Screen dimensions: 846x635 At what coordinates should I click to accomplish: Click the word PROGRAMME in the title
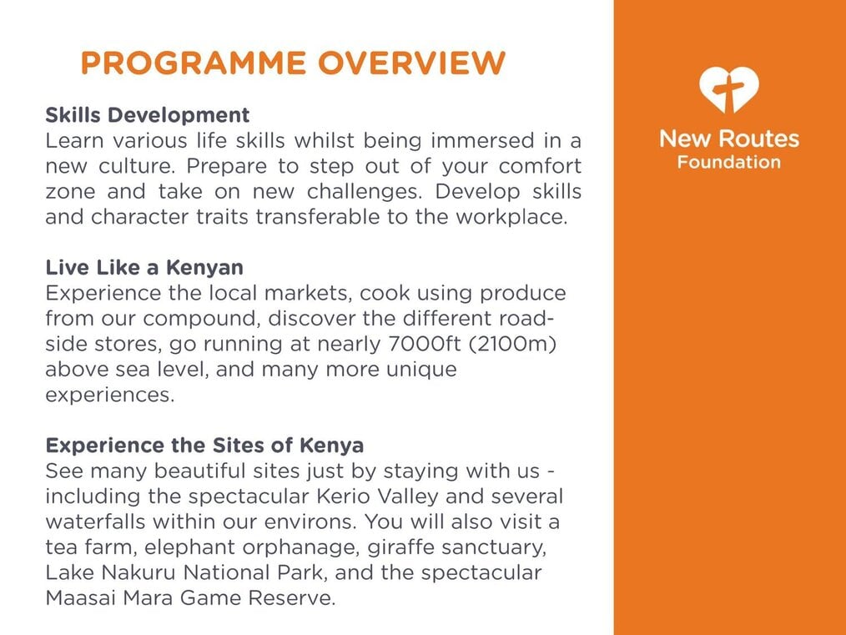pyautogui.click(x=194, y=63)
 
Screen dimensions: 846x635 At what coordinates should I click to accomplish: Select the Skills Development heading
pyautogui.click(x=148, y=115)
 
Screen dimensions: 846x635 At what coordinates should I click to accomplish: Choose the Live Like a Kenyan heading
pyautogui.click(x=144, y=267)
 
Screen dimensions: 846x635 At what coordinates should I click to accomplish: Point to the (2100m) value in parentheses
pyautogui.click(x=512, y=345)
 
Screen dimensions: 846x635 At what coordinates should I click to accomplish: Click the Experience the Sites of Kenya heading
pyautogui.click(x=204, y=445)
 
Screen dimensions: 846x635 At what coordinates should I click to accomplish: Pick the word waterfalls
pyautogui.click(x=95, y=522)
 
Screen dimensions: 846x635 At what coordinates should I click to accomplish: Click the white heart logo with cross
pyautogui.click(x=729, y=89)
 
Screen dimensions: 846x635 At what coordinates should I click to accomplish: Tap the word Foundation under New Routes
pyautogui.click(x=729, y=162)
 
